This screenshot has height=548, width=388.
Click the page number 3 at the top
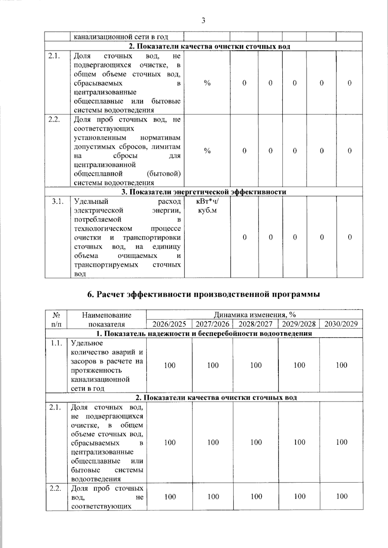coord(203,21)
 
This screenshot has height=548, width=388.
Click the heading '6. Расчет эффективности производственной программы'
coord(204,295)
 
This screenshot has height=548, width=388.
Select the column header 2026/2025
coord(169,324)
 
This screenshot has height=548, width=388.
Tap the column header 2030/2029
coord(341,324)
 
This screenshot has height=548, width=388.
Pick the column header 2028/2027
coord(255,324)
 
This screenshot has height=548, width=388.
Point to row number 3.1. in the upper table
coord(58,202)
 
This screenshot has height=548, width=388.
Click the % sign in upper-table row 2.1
coord(207,83)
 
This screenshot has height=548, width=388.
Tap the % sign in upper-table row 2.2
coord(207,151)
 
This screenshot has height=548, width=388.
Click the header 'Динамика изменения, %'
coord(254,315)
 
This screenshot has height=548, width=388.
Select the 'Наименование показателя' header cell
coord(107,319)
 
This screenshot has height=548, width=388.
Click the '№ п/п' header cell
coord(57,319)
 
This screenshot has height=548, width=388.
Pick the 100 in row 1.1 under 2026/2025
coord(170,366)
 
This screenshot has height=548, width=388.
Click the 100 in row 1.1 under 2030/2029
coord(341,366)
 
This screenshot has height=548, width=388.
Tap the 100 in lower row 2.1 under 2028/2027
coord(256,442)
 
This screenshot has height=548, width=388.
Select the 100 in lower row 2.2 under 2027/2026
coord(213,497)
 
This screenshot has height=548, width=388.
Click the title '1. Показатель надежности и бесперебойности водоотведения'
coord(204,334)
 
